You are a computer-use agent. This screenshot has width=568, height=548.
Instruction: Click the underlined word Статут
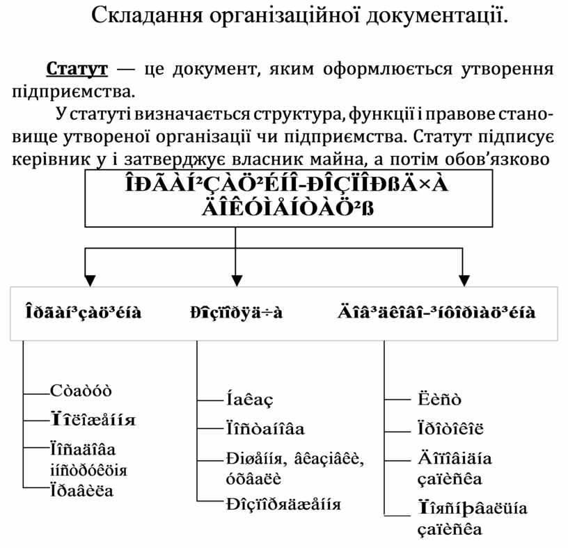(77, 70)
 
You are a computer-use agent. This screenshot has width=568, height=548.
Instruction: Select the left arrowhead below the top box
(86, 279)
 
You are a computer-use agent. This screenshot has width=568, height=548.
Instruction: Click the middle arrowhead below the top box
(236, 279)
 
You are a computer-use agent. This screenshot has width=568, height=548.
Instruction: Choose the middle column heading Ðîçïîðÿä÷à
(237, 312)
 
